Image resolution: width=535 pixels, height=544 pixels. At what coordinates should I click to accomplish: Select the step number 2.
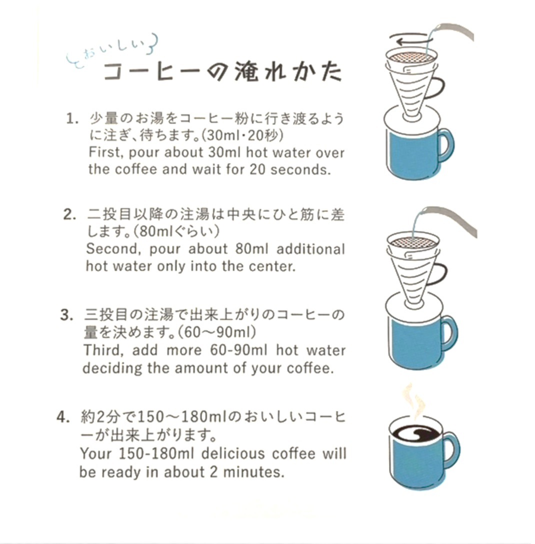(69, 214)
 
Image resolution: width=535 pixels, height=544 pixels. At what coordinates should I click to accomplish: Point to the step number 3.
(66, 315)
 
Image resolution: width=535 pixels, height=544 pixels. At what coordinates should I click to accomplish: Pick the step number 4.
(63, 417)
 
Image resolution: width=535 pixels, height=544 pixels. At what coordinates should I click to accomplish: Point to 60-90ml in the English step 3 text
(239, 350)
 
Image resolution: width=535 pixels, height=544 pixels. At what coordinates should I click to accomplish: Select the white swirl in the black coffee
(415, 434)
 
